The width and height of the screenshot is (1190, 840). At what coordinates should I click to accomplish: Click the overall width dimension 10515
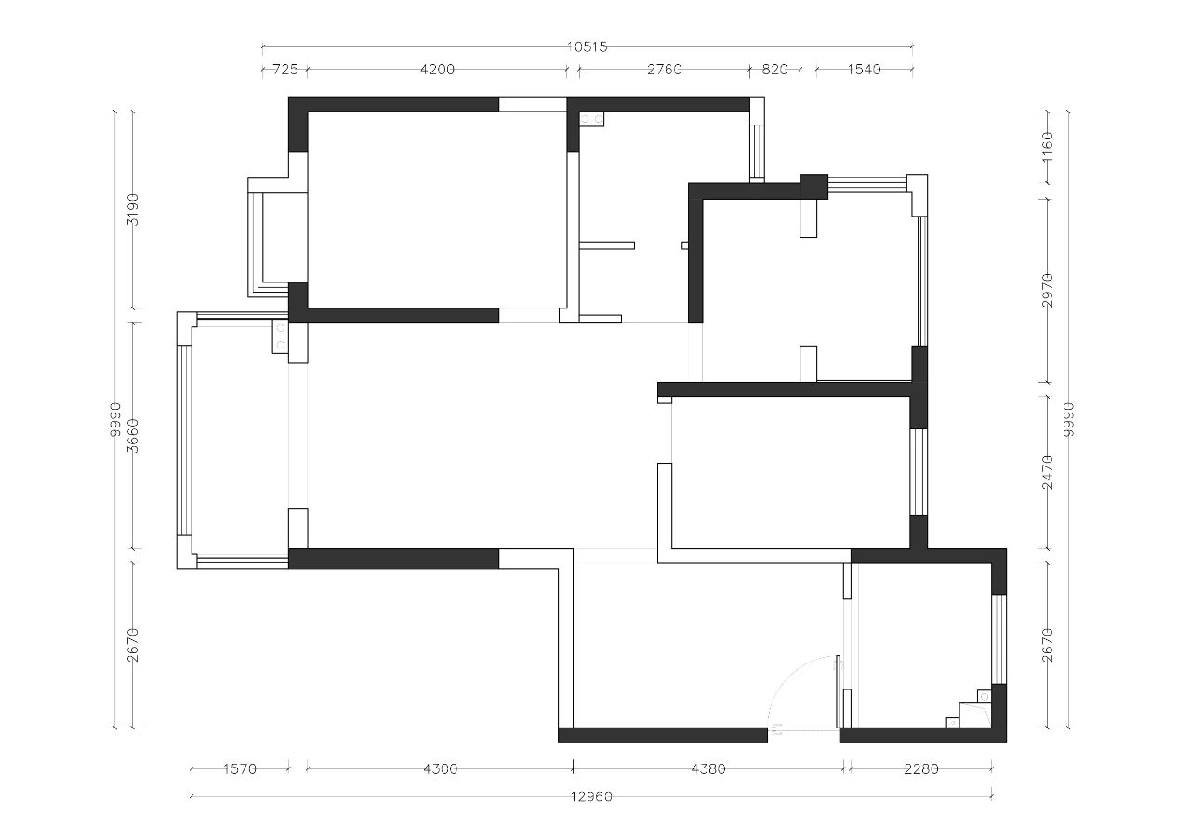point(587,47)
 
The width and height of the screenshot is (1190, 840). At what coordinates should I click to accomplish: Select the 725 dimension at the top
point(285,70)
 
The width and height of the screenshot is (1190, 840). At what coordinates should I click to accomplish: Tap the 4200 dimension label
point(437,70)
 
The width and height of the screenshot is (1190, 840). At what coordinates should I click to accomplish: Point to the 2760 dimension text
point(664,70)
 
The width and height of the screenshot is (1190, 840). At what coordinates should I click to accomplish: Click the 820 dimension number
point(774,70)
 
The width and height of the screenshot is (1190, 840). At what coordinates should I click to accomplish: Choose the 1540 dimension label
point(864,70)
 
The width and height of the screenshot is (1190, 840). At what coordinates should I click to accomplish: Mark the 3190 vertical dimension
point(133,209)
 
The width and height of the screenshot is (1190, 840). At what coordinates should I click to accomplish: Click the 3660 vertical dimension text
point(133,436)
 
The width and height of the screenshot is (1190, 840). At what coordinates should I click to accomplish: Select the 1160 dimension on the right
point(1047,148)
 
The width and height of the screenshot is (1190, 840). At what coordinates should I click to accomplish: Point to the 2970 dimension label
point(1047,291)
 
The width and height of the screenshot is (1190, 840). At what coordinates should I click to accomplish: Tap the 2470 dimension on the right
point(1047,472)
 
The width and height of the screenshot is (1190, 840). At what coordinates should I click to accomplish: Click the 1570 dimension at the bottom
point(240,768)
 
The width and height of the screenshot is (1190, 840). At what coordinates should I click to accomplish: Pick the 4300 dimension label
point(440,768)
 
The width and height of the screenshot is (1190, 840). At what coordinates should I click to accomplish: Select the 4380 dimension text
point(708,768)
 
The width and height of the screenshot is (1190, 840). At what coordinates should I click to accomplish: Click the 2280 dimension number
point(921,768)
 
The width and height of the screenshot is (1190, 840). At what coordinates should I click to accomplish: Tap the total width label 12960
point(591,796)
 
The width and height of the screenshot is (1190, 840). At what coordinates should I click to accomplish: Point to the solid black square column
point(813,187)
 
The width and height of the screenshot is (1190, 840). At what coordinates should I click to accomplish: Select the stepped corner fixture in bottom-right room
point(969,708)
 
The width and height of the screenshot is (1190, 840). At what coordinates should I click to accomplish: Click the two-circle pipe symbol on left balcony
point(280,336)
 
